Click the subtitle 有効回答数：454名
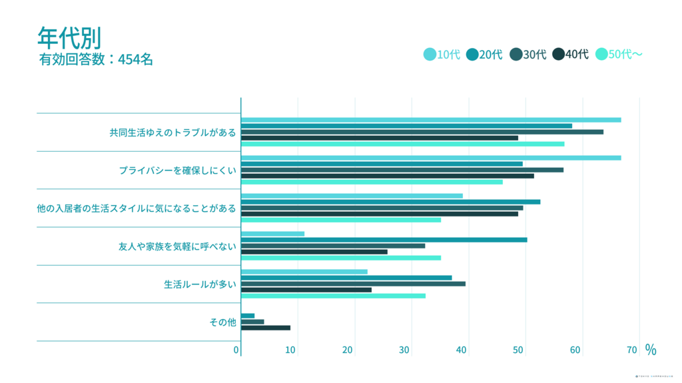(x=97, y=59)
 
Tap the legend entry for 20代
(x=484, y=55)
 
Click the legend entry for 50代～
(x=619, y=55)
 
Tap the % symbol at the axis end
(x=651, y=350)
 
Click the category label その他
(x=222, y=322)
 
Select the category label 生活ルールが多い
(x=200, y=284)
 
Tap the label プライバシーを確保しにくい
(x=177, y=171)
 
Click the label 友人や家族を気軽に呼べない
(x=177, y=246)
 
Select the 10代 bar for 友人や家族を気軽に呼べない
(x=272, y=234)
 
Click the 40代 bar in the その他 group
(x=265, y=328)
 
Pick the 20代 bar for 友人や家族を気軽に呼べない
(x=384, y=240)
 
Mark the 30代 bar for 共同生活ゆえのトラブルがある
(x=422, y=132)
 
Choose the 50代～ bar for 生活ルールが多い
(x=333, y=296)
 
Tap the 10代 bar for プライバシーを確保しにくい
(x=430, y=158)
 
